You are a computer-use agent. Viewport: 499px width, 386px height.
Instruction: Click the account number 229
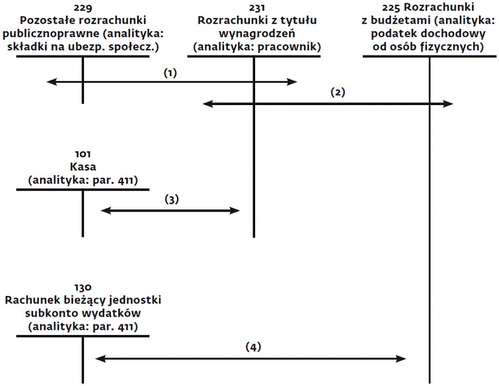83,7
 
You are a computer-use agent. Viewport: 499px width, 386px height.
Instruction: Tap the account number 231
257,7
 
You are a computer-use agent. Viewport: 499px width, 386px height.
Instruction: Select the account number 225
391,7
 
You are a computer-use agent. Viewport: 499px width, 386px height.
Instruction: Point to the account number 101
83,154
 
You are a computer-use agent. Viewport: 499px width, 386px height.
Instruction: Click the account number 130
83,288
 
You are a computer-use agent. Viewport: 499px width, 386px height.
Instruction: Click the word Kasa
83,167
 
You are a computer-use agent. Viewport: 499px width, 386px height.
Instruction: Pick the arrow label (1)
170,73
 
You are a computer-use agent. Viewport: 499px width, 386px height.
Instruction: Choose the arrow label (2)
338,93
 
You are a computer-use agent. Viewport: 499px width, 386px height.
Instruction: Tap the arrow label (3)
172,200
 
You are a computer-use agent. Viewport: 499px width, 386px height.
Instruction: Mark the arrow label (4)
253,347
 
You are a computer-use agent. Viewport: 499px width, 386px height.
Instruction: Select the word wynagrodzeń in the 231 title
257,34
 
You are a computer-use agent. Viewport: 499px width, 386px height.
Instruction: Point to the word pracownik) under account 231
289,47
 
